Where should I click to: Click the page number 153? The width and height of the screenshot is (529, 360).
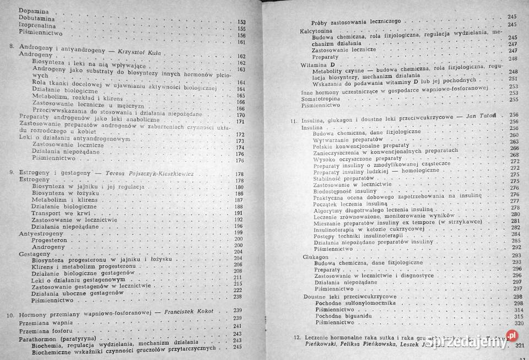point(241,22)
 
